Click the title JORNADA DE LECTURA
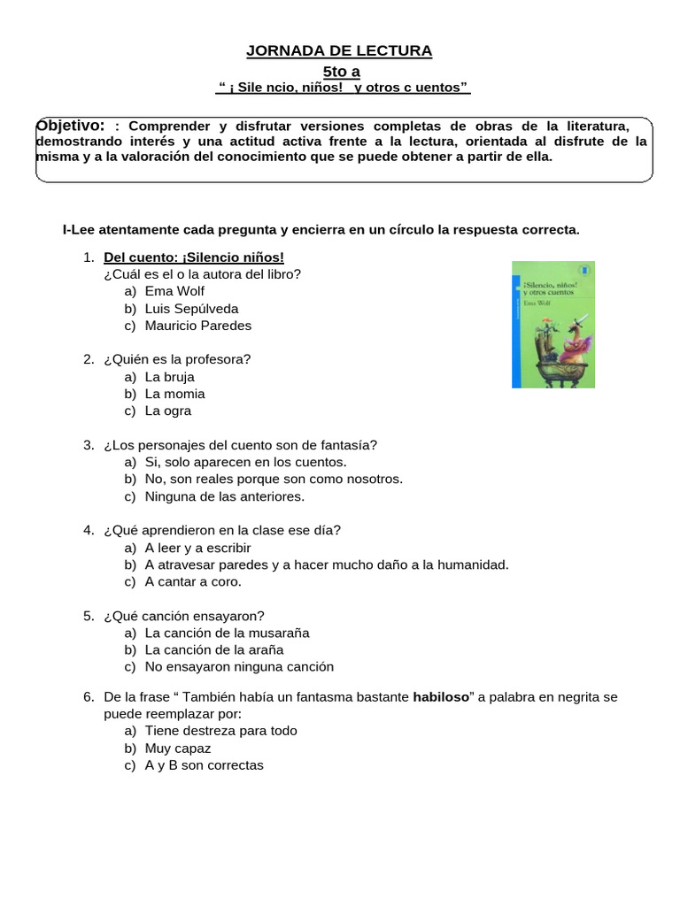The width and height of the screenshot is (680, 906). coord(340,50)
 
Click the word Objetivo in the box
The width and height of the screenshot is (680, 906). coord(71,126)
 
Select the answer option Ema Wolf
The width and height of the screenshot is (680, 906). coord(175,291)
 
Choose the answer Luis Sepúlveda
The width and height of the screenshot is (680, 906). coord(191,309)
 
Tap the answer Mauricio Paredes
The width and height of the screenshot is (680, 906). coord(197,326)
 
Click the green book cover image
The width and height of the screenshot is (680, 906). coord(552,324)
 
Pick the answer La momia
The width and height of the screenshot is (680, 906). coord(174,394)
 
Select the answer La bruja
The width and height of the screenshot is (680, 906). coord(169,377)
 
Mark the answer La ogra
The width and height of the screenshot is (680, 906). coord(167,411)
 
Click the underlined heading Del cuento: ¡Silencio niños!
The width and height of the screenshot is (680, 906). coord(194,257)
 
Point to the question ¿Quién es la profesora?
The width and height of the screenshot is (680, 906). coord(177,359)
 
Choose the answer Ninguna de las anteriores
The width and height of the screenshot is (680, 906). coord(224,496)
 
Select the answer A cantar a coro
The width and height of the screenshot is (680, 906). coord(192,581)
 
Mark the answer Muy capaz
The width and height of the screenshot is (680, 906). coord(177,749)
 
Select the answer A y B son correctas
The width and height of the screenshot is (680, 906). coord(204,765)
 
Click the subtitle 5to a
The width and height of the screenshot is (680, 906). coord(340,71)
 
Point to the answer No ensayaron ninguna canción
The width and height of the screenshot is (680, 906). coord(239,667)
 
